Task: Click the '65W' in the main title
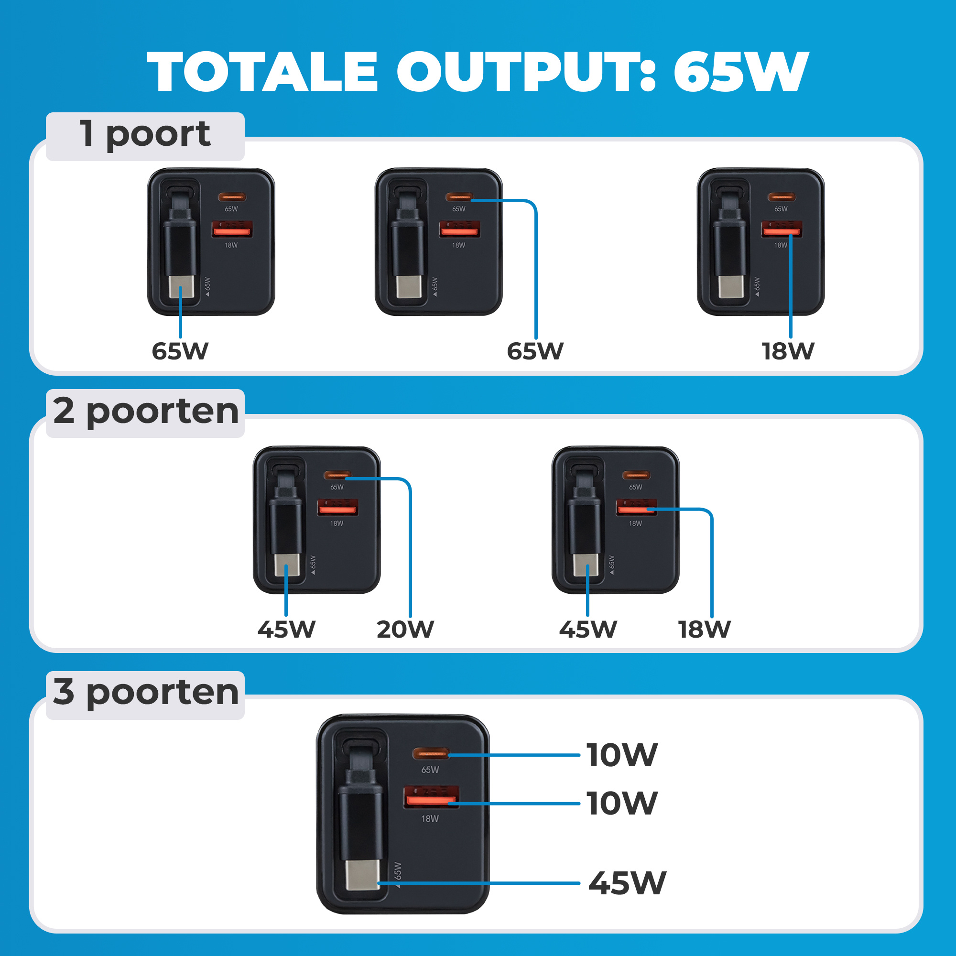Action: [741, 72]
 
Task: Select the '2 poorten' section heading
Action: [146, 411]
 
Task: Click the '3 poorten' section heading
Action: [146, 692]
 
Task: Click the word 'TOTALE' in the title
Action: [262, 72]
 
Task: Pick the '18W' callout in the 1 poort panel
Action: [788, 351]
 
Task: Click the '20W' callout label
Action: [405, 630]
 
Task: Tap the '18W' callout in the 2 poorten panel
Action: [704, 630]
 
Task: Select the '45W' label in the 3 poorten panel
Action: [627, 883]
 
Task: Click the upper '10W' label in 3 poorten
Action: [622, 755]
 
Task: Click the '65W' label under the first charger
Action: [180, 351]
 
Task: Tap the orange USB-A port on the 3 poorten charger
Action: [431, 797]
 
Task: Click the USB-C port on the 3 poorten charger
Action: [431, 753]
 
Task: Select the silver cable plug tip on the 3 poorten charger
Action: [362, 875]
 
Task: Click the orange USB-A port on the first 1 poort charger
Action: [232, 229]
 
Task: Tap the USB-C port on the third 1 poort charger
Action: [782, 197]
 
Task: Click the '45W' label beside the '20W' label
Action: [286, 630]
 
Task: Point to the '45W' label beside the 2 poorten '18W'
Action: [588, 630]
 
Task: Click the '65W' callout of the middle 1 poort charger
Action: [535, 351]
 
